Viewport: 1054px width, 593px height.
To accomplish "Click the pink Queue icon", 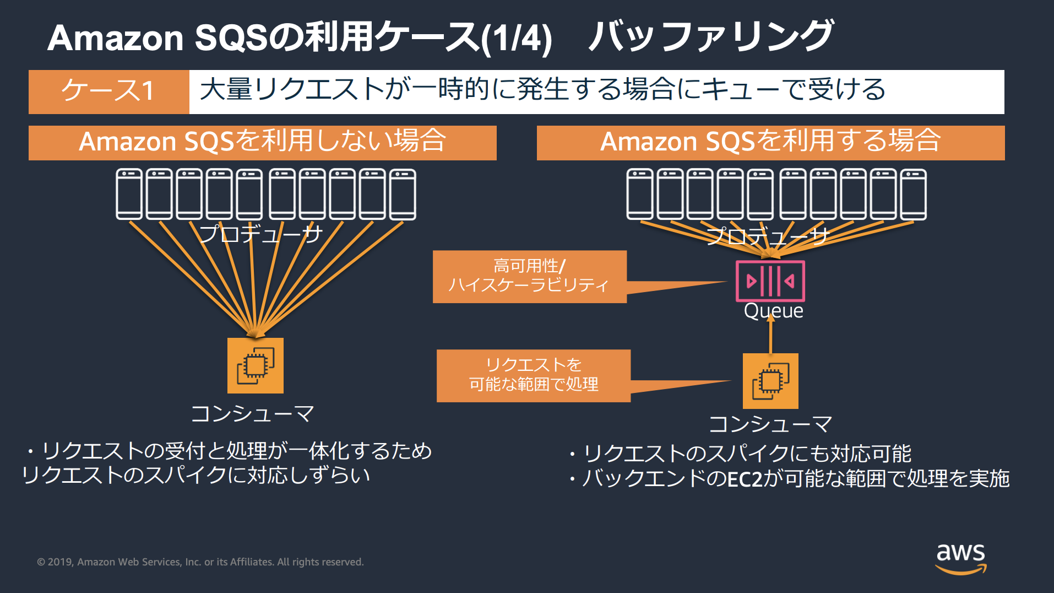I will click(770, 281).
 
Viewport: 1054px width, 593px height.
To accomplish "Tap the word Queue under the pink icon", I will click(773, 311).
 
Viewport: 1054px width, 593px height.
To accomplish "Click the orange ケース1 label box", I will click(108, 91).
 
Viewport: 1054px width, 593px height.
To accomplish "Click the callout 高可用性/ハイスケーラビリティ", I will click(529, 277).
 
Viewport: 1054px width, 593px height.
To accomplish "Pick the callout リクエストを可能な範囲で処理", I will click(533, 375).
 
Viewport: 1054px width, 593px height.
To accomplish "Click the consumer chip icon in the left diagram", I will click(256, 365).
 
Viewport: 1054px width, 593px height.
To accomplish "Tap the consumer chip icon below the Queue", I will click(770, 381).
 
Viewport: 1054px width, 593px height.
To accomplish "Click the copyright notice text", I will click(200, 562).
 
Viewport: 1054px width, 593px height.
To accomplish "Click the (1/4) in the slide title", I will click(516, 39).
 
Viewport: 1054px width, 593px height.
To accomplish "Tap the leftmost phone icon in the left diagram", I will click(129, 194).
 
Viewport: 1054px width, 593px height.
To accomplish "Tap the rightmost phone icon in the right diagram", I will click(914, 194).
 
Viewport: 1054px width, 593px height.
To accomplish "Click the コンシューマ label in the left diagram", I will click(252, 413).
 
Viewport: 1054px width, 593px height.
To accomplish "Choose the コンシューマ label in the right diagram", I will click(770, 424).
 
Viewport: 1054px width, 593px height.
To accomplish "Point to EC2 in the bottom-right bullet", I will click(745, 479).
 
